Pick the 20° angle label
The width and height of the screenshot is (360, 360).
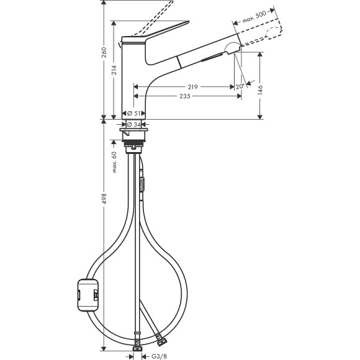tap(239, 87)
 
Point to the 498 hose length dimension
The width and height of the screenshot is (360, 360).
tap(104, 199)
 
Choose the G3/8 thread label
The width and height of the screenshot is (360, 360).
tap(158, 355)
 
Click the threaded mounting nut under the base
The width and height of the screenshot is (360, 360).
tap(134, 147)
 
